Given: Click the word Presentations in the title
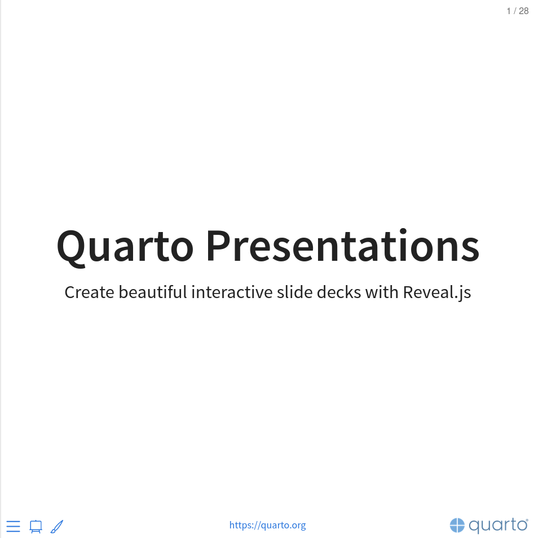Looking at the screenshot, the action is [343, 245].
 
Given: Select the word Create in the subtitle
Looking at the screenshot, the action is [89, 292].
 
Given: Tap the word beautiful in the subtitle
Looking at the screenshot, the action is [153, 292].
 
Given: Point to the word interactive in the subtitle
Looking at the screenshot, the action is [232, 292].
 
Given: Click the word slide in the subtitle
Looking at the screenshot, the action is [295, 292].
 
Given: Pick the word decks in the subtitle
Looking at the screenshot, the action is [339, 292].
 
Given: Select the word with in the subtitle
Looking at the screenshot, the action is [382, 292].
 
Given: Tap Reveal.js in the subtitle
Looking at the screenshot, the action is [437, 293].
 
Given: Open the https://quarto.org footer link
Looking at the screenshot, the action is [268, 526].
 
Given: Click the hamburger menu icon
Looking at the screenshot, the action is [14, 526].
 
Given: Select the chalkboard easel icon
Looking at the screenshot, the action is [36, 527].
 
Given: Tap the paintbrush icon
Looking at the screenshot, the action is [57, 527].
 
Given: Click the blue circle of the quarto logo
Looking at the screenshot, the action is [457, 526].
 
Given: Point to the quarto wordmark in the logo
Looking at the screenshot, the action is [497, 526].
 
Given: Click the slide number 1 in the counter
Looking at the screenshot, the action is [509, 11].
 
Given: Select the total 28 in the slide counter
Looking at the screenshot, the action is [524, 11].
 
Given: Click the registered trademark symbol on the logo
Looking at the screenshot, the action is [527, 520].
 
